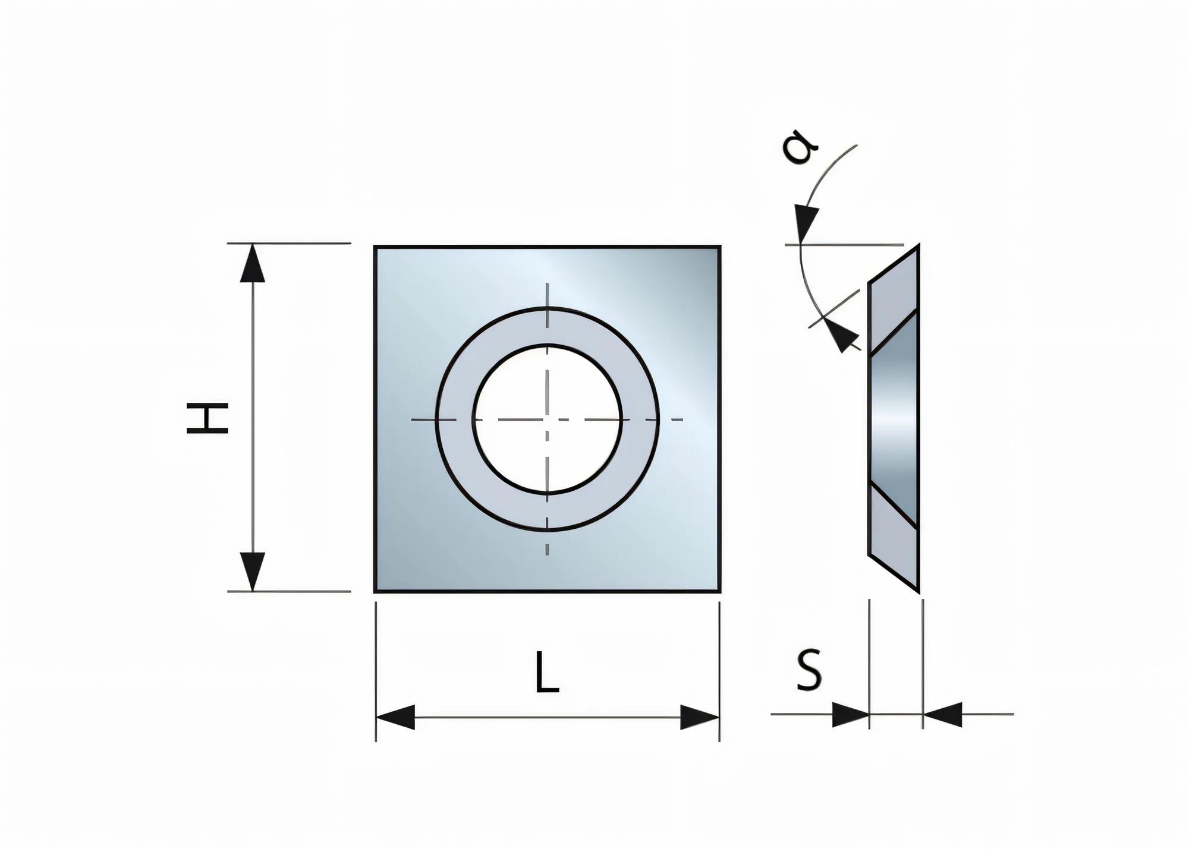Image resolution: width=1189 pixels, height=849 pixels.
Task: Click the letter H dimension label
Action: (x=207, y=418)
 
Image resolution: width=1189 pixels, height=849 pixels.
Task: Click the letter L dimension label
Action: (x=546, y=673)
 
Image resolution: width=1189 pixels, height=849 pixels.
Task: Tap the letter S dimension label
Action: (x=809, y=670)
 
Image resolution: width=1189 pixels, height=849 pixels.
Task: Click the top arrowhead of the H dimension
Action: (x=253, y=263)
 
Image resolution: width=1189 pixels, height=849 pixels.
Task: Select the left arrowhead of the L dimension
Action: (x=395, y=718)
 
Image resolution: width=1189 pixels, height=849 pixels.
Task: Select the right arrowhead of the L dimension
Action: (x=700, y=718)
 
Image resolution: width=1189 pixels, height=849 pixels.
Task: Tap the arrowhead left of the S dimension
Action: (x=850, y=714)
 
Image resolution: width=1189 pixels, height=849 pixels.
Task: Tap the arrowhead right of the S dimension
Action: (x=943, y=714)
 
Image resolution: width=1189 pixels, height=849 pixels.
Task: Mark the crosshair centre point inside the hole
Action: (x=548, y=419)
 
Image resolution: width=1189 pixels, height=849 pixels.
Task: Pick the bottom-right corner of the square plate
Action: (x=719, y=591)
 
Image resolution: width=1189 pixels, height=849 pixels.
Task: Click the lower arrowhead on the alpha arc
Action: (x=841, y=337)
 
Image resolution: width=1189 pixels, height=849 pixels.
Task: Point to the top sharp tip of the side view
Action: (x=918, y=246)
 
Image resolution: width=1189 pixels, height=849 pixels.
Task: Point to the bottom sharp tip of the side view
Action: (x=918, y=591)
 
